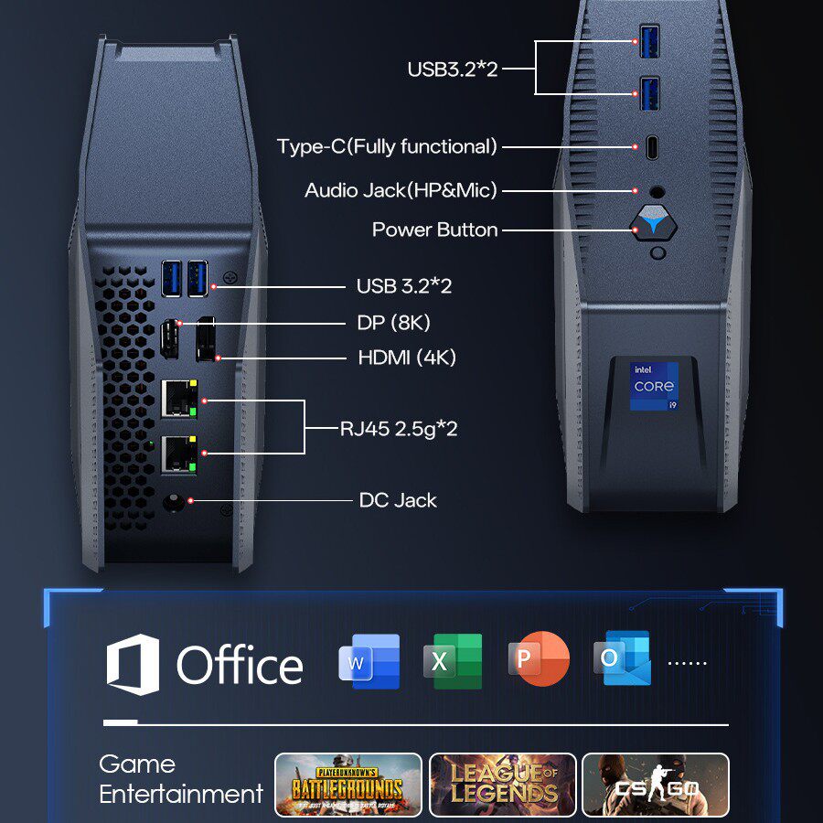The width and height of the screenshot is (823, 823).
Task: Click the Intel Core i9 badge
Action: [x=654, y=387]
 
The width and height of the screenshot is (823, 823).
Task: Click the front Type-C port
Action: [x=650, y=146]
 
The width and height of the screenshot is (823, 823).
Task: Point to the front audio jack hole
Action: [x=655, y=191]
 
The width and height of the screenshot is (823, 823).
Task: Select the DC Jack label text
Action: [x=398, y=500]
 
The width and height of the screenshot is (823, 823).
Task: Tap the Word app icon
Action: [x=369, y=660]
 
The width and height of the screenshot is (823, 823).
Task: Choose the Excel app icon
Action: [x=453, y=660]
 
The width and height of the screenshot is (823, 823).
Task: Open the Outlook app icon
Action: [x=622, y=658]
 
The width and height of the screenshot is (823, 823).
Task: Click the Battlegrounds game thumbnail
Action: [x=347, y=784]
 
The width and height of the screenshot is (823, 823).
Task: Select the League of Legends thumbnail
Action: [x=502, y=784]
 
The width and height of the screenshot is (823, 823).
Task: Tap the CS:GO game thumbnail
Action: [x=656, y=784]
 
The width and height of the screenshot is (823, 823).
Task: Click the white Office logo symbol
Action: [x=133, y=665]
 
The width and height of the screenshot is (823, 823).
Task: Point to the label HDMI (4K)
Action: [x=406, y=358]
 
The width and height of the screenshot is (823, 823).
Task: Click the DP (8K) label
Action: [x=393, y=322]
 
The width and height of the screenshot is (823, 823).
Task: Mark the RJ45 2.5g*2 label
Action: [x=399, y=428]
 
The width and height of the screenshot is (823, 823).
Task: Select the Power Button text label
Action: [x=434, y=230]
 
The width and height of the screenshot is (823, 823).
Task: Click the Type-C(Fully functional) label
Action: [x=387, y=146]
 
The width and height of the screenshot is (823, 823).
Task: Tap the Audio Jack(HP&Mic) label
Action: [x=401, y=190]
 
